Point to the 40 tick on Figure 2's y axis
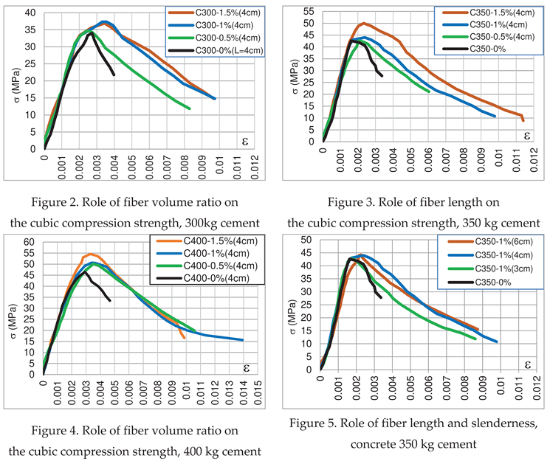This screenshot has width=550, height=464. click(x=30, y=13)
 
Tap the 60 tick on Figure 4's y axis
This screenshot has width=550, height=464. click(x=30, y=243)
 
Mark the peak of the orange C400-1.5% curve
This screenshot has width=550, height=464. click(x=92, y=254)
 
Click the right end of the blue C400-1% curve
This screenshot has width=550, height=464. click(x=242, y=340)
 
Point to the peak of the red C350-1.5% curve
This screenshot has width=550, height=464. click(x=363, y=23)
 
